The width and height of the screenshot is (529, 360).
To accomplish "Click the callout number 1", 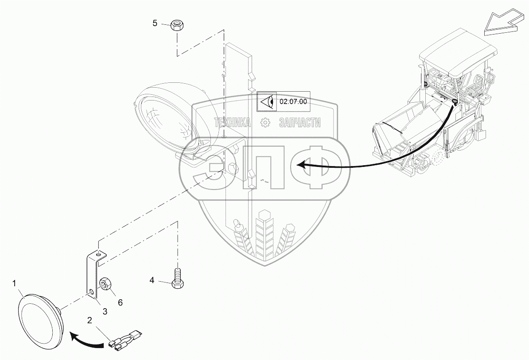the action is [x=15, y=282].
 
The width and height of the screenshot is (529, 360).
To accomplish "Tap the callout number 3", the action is [x=105, y=311].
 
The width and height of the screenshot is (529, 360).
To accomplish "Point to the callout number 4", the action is [x=152, y=280].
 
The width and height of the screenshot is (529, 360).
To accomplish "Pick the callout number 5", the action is [x=155, y=23].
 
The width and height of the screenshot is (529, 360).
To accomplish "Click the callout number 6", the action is [x=120, y=302].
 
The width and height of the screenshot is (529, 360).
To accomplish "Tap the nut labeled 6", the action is [x=106, y=284].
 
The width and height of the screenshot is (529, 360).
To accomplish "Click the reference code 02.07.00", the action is [x=293, y=101].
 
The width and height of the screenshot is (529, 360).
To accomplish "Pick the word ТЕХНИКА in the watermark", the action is [x=233, y=123].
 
